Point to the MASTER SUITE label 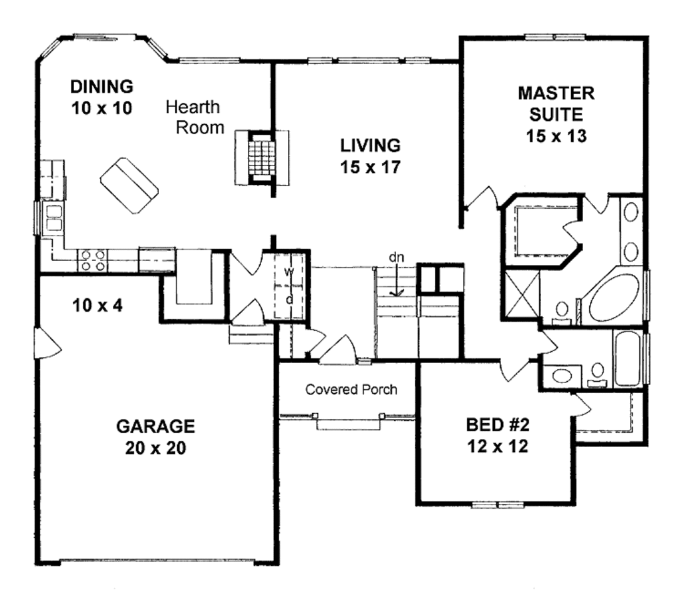coord(556,113)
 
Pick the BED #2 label coord(497,434)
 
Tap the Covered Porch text coord(351,389)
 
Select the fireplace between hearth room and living coord(262,158)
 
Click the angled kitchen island coord(130,186)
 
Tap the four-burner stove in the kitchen coord(92,260)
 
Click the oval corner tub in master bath coord(613,298)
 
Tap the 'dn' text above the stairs coord(397,257)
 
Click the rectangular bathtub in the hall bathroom coord(628,358)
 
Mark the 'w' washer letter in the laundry coord(289,272)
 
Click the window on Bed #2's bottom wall coord(496,504)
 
